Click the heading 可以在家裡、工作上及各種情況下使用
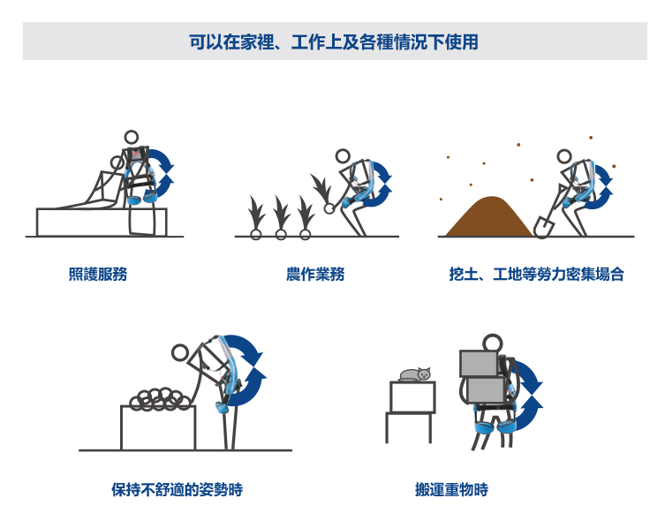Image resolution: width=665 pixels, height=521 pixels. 334,42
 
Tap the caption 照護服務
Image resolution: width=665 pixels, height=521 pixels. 98,274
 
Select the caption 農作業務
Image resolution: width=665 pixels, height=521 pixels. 315,274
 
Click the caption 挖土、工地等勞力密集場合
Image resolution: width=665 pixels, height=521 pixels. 536,274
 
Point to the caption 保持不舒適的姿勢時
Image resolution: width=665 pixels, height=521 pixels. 178,489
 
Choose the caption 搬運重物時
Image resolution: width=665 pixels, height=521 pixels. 451,489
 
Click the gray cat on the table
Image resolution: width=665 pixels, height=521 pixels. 415,374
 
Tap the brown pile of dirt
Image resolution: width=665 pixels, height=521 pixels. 488,217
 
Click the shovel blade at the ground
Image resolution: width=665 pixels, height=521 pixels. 543,226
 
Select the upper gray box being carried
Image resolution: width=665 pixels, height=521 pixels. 479,363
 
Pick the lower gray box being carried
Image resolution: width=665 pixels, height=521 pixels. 486,390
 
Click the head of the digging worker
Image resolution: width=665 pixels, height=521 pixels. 564,156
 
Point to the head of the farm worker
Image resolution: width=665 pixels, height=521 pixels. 343,156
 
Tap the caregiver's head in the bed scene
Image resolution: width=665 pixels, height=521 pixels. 132,138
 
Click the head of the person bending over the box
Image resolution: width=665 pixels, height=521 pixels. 180,352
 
